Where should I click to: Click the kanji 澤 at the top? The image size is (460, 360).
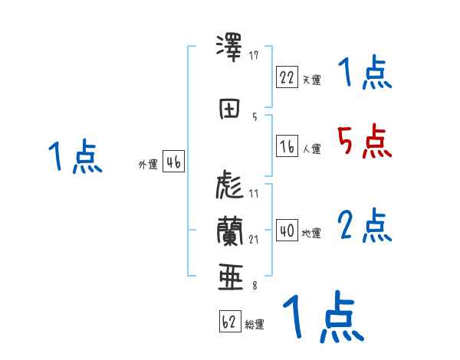(231, 49)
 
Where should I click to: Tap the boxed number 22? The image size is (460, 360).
(287, 77)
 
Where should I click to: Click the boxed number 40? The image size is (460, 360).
(287, 231)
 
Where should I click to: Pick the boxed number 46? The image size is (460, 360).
(174, 162)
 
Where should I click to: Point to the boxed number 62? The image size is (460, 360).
(229, 322)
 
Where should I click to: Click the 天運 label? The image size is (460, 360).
(311, 80)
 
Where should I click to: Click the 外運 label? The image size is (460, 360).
(147, 165)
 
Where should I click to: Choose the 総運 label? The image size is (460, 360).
(255, 325)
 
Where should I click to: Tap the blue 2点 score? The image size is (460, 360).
(364, 225)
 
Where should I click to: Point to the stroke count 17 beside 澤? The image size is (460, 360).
(254, 55)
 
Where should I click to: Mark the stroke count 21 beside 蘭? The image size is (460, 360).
(254, 239)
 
